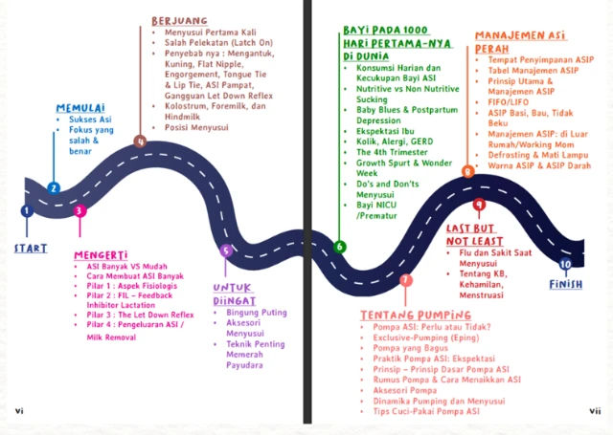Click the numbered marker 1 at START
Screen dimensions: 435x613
coord(27,210)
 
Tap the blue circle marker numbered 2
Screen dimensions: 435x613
coord(54,188)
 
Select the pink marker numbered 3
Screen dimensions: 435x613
coord(79,210)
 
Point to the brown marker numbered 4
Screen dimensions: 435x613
coord(140,142)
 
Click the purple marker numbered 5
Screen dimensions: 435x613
coord(226,251)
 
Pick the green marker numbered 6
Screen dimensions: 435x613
coord(339,247)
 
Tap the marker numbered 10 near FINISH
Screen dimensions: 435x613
coord(565,264)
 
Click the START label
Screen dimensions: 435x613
coord(30,249)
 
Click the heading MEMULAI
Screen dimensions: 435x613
coord(80,106)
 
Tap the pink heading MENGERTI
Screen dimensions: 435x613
coord(101,255)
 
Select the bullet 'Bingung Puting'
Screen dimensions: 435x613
coord(258,313)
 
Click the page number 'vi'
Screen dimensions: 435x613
coord(19,411)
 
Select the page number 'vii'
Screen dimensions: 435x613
coord(594,411)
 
